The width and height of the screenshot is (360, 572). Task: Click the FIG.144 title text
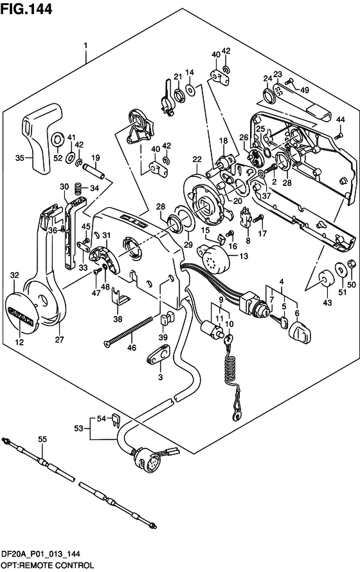click(26, 8)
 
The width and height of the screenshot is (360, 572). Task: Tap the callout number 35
click(21, 158)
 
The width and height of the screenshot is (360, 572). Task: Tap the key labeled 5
click(279, 321)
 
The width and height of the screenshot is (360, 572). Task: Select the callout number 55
click(42, 439)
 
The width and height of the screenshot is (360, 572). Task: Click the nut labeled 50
click(351, 263)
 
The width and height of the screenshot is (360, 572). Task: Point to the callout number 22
click(197, 160)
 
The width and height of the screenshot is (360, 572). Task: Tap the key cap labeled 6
click(300, 333)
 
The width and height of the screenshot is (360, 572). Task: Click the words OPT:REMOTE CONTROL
click(48, 566)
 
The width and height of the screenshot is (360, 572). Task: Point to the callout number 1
click(85, 46)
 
